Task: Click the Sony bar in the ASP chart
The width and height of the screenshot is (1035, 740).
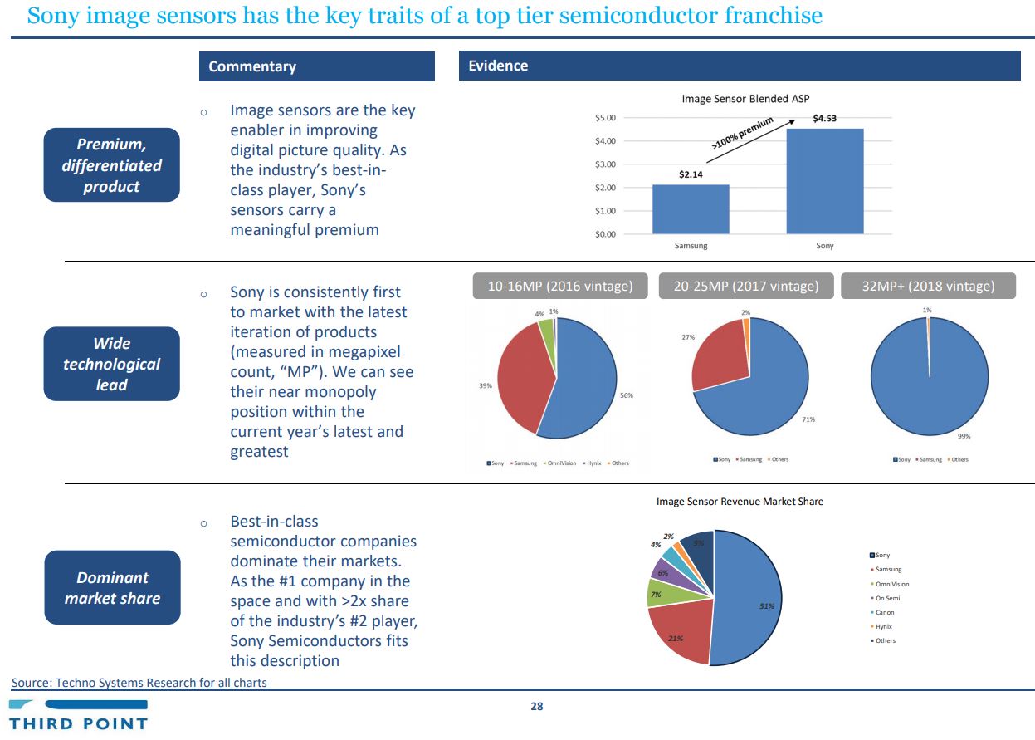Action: tap(824, 181)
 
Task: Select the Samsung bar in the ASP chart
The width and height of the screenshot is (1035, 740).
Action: tap(691, 209)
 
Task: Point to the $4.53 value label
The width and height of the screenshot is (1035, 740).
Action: tap(824, 118)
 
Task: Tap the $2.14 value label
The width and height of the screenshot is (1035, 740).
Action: tap(691, 175)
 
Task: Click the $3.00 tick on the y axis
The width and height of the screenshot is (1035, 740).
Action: tap(605, 164)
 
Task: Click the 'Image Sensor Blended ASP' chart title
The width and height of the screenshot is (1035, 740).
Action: tap(745, 99)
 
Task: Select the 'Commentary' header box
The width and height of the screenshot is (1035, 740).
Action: tap(316, 66)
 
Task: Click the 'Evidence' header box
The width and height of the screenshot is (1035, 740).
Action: tap(739, 66)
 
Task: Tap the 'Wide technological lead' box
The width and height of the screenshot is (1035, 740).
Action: tap(111, 364)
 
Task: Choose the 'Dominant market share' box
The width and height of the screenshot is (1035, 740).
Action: tap(112, 587)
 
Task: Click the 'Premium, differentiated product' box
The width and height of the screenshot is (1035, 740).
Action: tap(111, 164)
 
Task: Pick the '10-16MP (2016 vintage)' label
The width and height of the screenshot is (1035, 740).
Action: tap(559, 286)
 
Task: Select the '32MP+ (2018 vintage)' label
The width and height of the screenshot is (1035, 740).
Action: tap(928, 286)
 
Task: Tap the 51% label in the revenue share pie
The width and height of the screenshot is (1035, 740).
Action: tap(766, 606)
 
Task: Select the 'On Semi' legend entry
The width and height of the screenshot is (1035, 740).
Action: tap(886, 598)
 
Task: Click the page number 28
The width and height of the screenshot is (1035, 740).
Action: tap(536, 707)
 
